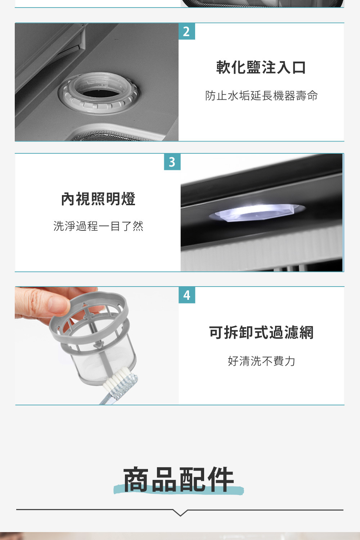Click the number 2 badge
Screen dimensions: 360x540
point(186,31)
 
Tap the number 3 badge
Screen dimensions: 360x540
point(172,162)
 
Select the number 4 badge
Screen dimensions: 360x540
point(186,295)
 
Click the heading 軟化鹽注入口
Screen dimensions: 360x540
point(261,67)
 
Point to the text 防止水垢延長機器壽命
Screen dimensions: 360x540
point(261,96)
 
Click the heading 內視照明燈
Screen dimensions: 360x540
point(98,199)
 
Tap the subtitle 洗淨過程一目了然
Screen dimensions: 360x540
point(98,226)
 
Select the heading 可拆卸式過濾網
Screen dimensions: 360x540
point(261,332)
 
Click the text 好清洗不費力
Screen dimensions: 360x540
point(261,361)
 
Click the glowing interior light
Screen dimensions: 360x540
point(257,212)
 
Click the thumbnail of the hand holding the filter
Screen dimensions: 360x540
point(97,346)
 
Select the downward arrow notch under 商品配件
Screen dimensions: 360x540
point(180,513)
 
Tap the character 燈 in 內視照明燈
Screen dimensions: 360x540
point(128,199)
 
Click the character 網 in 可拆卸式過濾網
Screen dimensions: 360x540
point(306,332)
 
